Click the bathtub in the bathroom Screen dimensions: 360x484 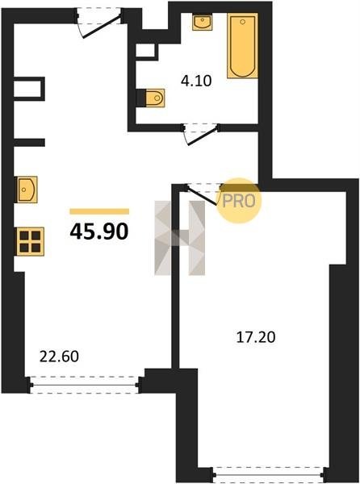pyautogui.click(x=243, y=46)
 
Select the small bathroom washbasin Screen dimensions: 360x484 pyautogui.click(x=203, y=22)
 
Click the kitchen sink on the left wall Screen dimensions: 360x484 pyautogui.click(x=27, y=190)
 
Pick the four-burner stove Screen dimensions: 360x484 pyautogui.click(x=31, y=241)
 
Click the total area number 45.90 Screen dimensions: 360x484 pyautogui.click(x=98, y=232)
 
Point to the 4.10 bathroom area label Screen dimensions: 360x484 pyautogui.click(x=196, y=81)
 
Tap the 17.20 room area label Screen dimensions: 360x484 pyautogui.click(x=256, y=337)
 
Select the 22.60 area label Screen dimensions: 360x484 pyautogui.click(x=59, y=357)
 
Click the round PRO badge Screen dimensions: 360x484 pyautogui.click(x=238, y=201)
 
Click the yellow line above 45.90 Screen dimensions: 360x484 pyautogui.click(x=99, y=211)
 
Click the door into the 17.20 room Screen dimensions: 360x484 pyautogui.click(x=203, y=194)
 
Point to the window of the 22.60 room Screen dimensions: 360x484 pyautogui.click(x=85, y=385)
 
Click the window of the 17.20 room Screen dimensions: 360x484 pyautogui.click(x=269, y=475)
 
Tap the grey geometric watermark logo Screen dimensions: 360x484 pyautogui.click(x=180, y=238)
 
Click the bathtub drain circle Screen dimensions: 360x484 pyautogui.click(x=243, y=22)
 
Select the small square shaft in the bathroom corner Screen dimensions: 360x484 pyautogui.click(x=147, y=51)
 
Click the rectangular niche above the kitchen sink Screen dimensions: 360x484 pyautogui.click(x=29, y=89)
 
